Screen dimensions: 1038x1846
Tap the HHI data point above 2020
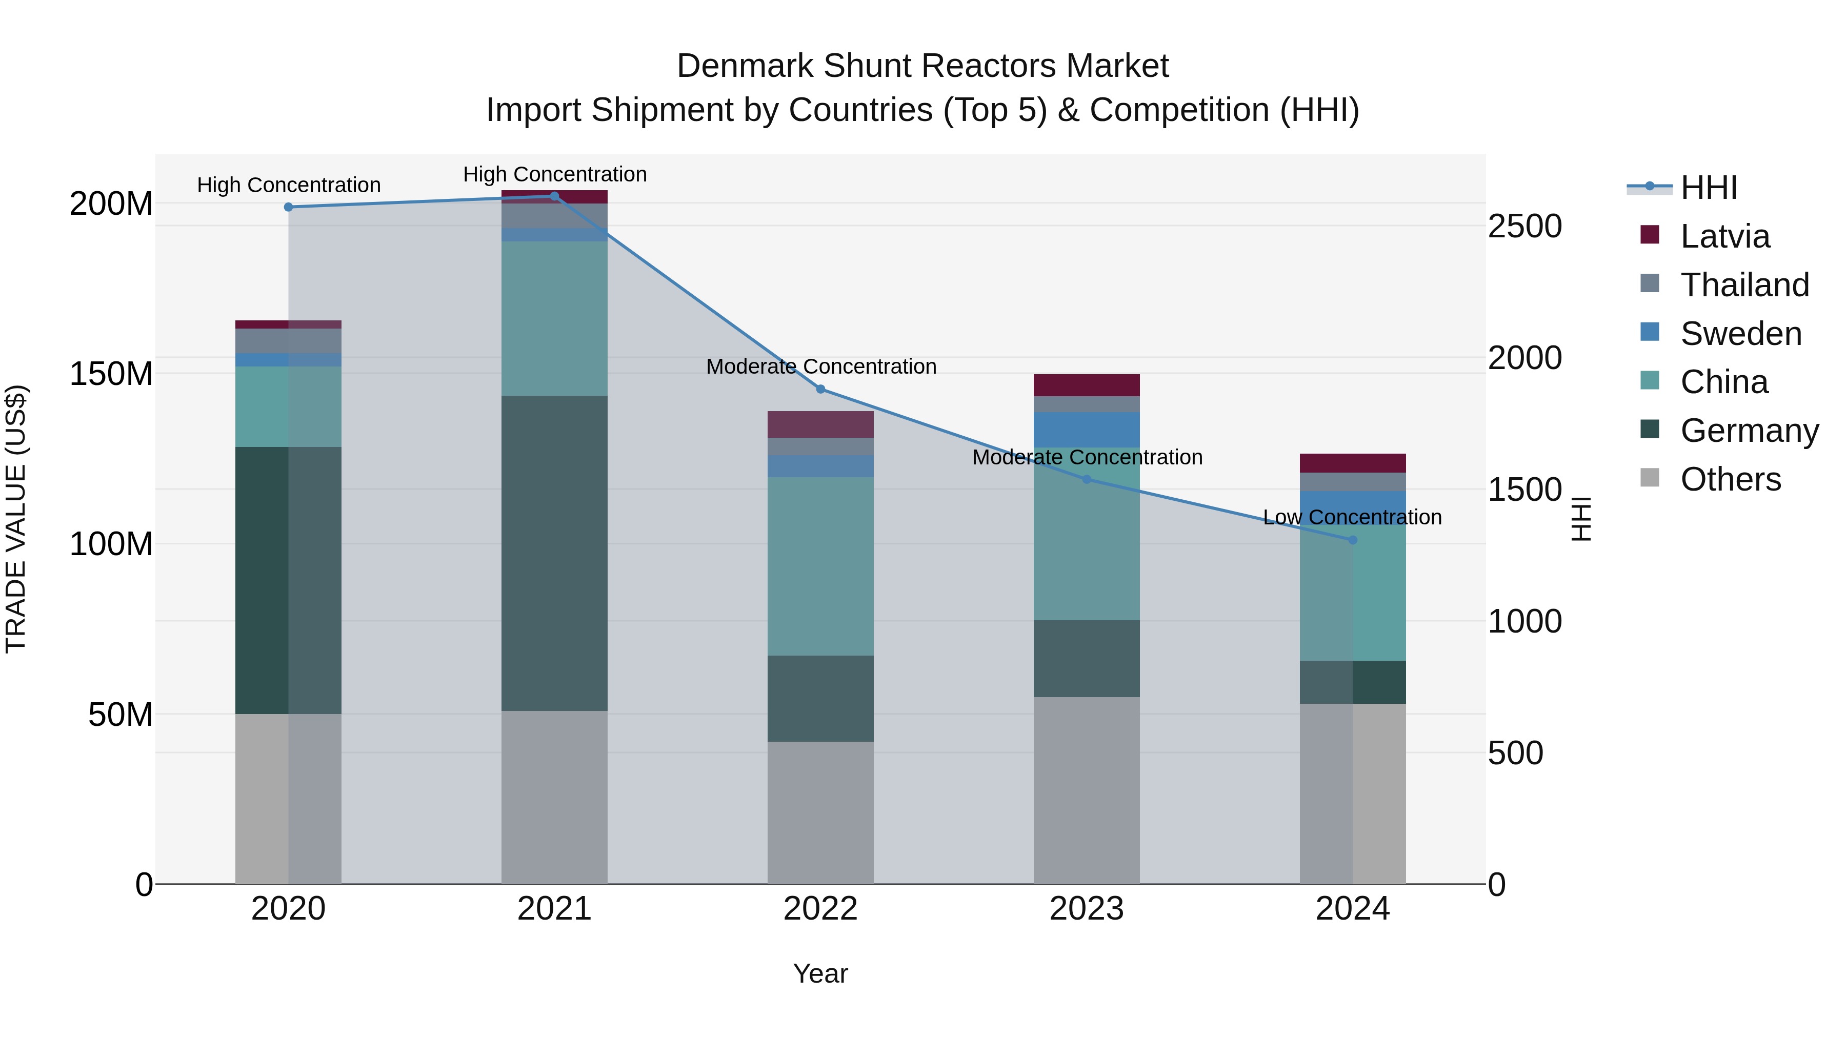[288, 207]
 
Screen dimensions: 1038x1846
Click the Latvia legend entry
[1724, 236]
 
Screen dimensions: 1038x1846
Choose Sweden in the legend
[1740, 334]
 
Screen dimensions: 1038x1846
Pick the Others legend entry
[1730, 479]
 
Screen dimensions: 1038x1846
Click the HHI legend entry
[1709, 188]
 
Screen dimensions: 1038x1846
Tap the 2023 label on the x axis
[1087, 909]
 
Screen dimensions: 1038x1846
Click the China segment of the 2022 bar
[820, 566]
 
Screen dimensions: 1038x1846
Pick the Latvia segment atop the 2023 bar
[1087, 384]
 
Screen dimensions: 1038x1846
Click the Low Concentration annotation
[1352, 517]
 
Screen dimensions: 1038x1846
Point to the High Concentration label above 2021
[555, 174]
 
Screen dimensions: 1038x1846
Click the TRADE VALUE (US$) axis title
[16, 519]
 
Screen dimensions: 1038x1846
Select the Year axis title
[820, 973]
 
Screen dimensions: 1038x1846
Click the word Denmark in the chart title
[745, 66]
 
